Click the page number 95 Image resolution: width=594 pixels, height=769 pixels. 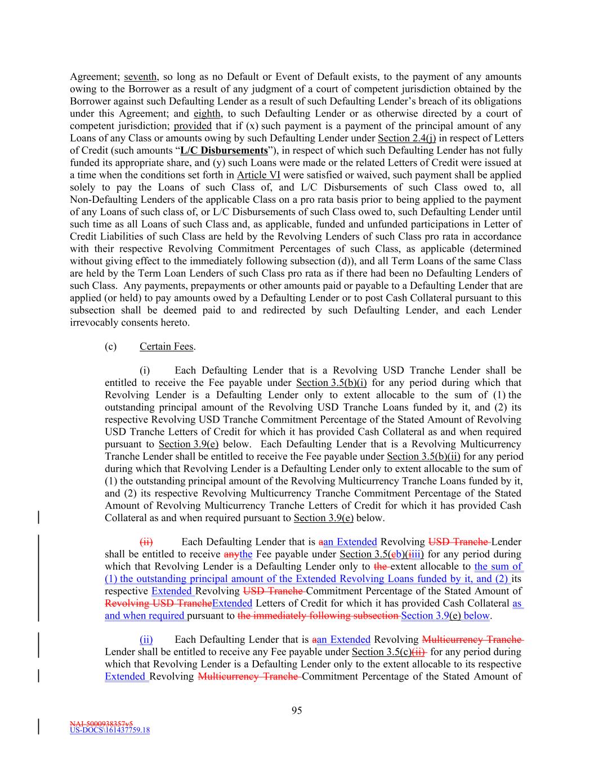click(297, 710)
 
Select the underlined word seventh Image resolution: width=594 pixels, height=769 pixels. click(140, 77)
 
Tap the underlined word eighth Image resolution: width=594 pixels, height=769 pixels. click(207, 114)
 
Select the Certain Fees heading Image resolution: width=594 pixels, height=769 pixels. click(166, 346)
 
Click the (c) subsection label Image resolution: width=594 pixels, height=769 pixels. click(110, 346)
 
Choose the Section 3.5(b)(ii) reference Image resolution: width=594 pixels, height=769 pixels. click(423, 456)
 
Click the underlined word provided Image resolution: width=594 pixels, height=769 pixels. click(193, 126)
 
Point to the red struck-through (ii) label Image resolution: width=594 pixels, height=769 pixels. click(146, 542)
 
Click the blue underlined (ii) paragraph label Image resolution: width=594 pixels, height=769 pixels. click(146, 639)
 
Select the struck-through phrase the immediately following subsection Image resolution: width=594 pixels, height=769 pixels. click(318, 616)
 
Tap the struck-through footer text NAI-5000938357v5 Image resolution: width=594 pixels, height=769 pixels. click(101, 723)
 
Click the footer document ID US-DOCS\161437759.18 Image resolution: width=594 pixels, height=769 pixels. click(110, 731)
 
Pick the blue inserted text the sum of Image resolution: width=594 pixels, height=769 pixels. click(498, 567)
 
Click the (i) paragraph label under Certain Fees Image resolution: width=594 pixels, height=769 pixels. click(145, 371)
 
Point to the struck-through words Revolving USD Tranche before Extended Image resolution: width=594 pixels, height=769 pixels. click(158, 603)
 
